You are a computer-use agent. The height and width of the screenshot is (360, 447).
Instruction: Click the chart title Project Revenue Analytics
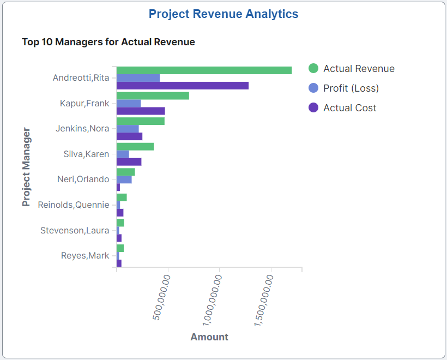224,14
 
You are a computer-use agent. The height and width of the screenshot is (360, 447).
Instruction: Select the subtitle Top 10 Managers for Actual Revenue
108,41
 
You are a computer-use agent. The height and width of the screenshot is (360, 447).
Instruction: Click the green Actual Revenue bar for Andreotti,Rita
204,70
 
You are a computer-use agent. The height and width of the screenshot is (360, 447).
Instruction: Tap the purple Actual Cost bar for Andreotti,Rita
182,86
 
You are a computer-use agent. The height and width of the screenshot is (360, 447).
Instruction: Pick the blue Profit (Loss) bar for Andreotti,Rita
138,78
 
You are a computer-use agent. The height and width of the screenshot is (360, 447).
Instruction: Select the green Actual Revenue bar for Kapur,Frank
153,96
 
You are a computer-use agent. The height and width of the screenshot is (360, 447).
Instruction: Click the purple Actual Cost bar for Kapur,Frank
140,111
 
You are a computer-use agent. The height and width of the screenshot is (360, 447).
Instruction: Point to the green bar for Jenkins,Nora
140,121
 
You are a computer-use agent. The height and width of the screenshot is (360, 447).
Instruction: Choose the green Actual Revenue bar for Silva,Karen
135,147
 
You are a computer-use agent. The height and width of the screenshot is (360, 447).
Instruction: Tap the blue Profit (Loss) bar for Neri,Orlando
124,179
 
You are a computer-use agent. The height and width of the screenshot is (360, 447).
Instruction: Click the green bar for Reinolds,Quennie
122,197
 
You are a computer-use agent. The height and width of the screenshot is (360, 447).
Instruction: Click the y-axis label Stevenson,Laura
75,230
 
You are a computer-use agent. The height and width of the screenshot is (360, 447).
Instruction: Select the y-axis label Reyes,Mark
85,255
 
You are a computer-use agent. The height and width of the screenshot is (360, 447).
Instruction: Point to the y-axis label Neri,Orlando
83,179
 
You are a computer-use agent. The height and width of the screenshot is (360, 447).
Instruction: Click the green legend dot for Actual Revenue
313,68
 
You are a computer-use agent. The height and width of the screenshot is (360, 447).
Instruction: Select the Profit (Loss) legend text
351,88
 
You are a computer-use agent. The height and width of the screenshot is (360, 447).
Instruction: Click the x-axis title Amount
209,337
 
